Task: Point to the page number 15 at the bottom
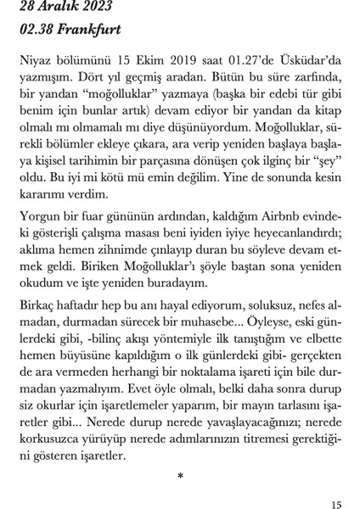pyautogui.click(x=336, y=505)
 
